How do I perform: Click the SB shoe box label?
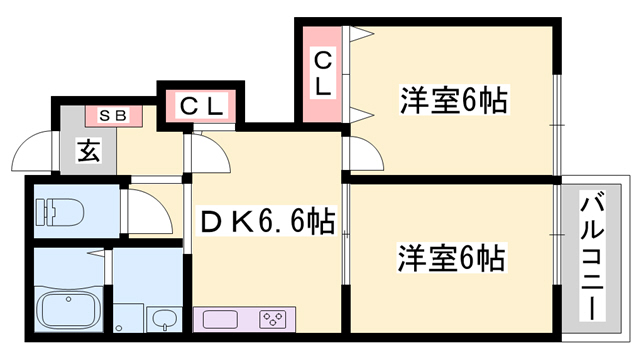[113, 116]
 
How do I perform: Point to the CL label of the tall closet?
[322, 75]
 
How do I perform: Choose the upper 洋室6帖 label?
[453, 101]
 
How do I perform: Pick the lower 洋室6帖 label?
[453, 258]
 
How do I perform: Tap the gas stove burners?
[271, 319]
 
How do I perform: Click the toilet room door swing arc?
[137, 212]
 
